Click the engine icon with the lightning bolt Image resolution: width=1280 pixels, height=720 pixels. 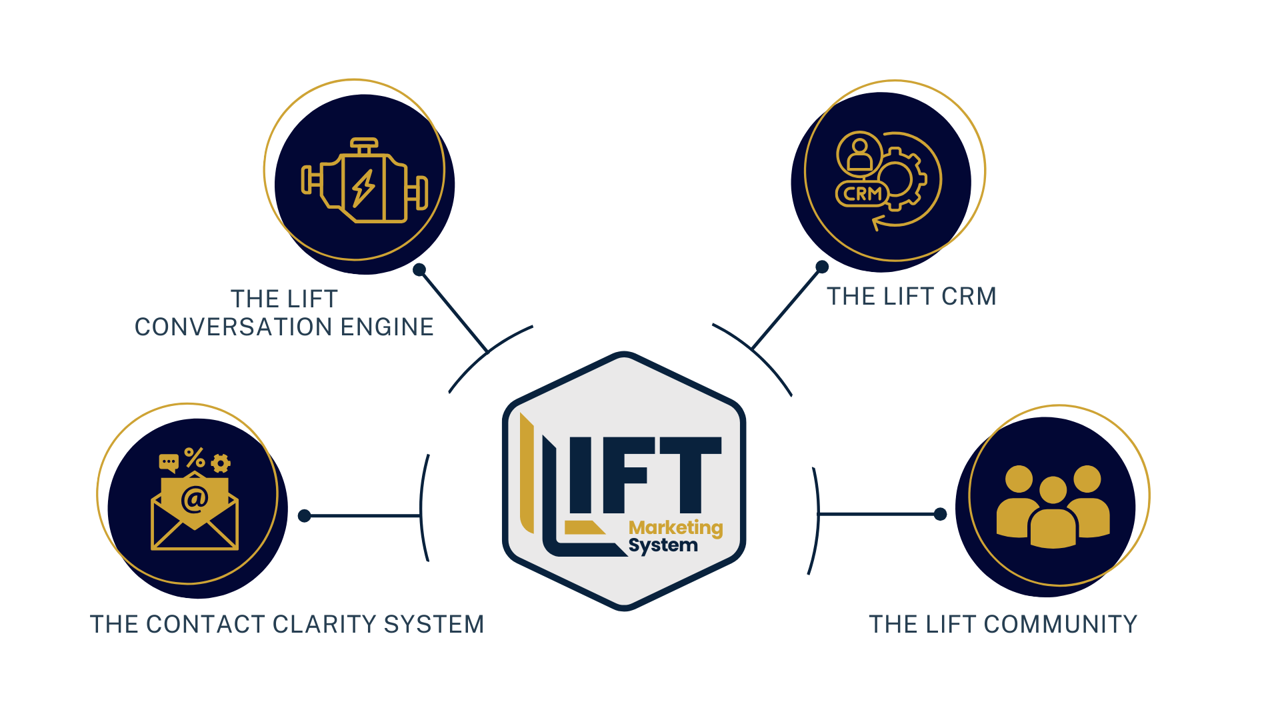tap(364, 181)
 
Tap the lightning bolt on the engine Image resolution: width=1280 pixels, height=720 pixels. tap(363, 188)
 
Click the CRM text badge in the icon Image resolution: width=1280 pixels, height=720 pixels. tap(863, 194)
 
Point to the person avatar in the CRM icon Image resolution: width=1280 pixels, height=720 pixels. tap(859, 153)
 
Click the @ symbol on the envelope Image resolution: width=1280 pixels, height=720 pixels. tap(195, 499)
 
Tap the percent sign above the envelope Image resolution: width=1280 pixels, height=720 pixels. tap(195, 457)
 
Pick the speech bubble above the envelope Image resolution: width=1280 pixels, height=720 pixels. tap(169, 462)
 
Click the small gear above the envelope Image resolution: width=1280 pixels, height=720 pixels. tap(221, 463)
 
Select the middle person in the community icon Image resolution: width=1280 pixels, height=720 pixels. tap(1053, 513)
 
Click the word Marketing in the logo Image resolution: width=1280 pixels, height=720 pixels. tap(675, 528)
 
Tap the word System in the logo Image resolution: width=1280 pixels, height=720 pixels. tap(663, 546)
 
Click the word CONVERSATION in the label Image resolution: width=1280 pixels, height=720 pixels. tap(233, 327)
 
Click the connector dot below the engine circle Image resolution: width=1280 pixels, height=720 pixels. tap(419, 270)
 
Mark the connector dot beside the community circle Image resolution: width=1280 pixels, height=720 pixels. tap(940, 514)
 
